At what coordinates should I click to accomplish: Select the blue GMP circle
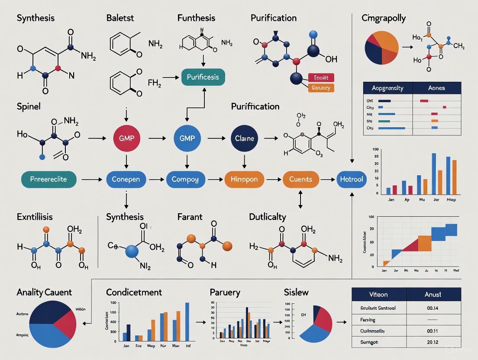[x=187, y=138]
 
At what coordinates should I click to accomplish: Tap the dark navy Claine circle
[x=245, y=138]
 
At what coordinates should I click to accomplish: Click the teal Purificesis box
[x=203, y=77]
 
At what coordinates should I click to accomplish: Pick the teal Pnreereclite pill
[x=48, y=179]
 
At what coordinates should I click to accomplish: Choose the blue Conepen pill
[x=126, y=179]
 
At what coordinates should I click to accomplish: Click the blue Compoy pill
[x=185, y=179]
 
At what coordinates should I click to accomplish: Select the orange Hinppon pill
[x=244, y=179]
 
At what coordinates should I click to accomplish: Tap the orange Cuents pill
[x=300, y=179]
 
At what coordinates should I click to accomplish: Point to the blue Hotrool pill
[x=351, y=179]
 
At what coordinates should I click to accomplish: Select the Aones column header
[x=436, y=88]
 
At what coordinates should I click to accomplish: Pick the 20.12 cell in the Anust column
[x=433, y=342]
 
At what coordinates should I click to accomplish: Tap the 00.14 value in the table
[x=433, y=308]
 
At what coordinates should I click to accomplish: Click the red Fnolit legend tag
[x=321, y=78]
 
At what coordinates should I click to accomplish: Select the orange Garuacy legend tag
[x=321, y=88]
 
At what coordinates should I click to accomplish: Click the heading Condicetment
[x=134, y=292]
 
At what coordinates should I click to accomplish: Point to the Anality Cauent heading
[x=44, y=292]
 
